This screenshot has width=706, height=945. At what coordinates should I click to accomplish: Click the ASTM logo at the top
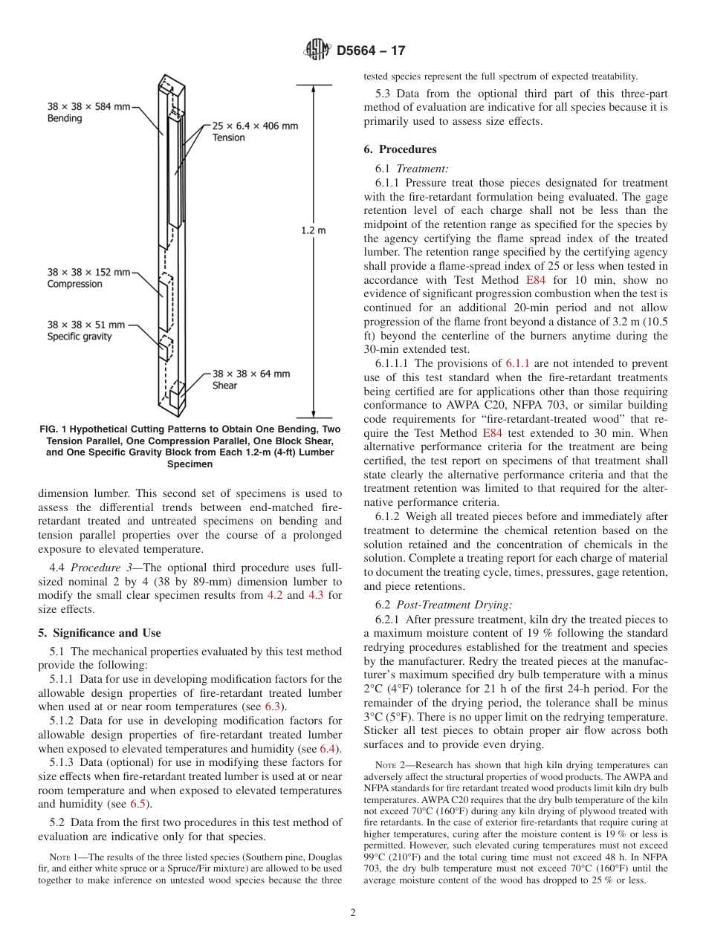(317, 51)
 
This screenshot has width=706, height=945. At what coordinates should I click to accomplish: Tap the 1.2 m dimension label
(313, 230)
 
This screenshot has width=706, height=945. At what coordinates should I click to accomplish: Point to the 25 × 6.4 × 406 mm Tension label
(255, 131)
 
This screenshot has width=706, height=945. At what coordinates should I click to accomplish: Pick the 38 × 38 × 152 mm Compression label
(88, 278)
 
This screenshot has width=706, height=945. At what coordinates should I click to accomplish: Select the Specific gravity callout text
(80, 337)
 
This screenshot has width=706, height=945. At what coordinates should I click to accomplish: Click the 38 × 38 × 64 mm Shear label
(251, 380)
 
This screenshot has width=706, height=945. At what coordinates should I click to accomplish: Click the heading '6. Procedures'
(400, 149)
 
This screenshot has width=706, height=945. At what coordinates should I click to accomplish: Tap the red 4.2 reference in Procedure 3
(275, 595)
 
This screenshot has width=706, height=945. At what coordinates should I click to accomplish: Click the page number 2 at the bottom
(353, 913)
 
